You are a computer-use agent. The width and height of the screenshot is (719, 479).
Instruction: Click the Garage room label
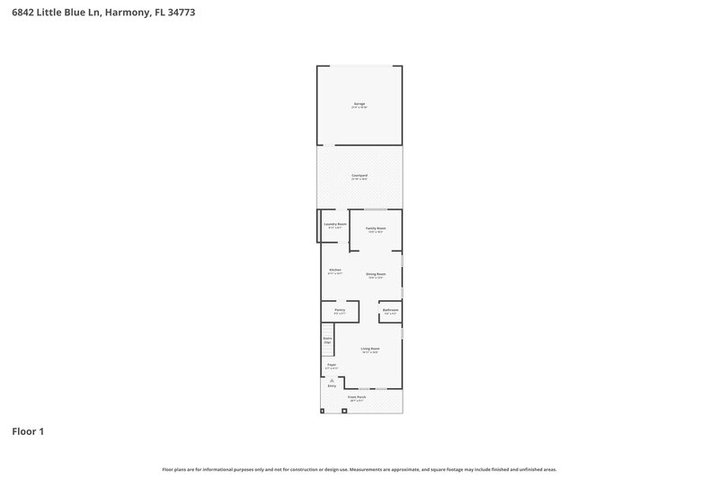tap(359, 105)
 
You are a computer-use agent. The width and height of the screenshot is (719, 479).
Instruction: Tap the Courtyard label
tap(359, 177)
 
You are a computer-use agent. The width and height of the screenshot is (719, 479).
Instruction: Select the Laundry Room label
tap(334, 225)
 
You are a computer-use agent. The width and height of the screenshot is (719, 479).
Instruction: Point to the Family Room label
tap(376, 229)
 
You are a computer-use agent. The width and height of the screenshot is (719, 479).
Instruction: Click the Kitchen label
tap(334, 271)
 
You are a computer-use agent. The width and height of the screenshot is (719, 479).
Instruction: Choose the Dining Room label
tap(376, 275)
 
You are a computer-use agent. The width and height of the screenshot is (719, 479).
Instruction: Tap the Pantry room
tap(340, 311)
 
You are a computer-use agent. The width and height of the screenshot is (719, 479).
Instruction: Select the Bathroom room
tap(390, 311)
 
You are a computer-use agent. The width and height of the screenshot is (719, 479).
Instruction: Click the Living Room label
tap(370, 350)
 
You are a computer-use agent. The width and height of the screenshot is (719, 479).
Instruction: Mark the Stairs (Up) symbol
tap(327, 342)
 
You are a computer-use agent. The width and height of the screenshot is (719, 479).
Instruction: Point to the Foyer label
tap(332, 366)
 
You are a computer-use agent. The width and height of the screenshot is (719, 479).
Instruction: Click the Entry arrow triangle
tap(332, 381)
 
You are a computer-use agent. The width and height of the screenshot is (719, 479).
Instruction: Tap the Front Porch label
tap(357, 397)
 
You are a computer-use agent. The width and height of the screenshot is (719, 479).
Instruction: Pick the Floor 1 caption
tap(28, 432)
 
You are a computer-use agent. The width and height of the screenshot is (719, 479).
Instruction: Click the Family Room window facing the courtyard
tap(376, 209)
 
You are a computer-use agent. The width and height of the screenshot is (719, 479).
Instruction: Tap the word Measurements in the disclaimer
tap(371, 469)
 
